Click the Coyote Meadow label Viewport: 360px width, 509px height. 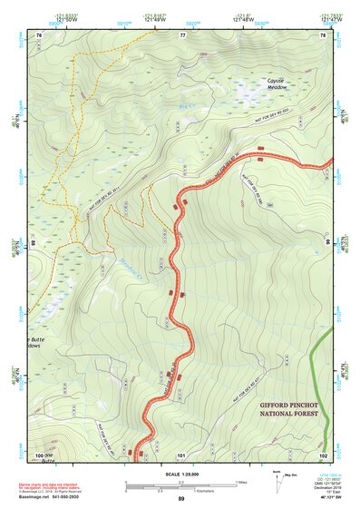(276, 83)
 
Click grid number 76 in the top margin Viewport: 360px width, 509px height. (39, 34)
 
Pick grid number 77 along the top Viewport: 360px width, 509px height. (182, 34)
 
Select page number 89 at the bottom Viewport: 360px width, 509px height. (181, 500)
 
